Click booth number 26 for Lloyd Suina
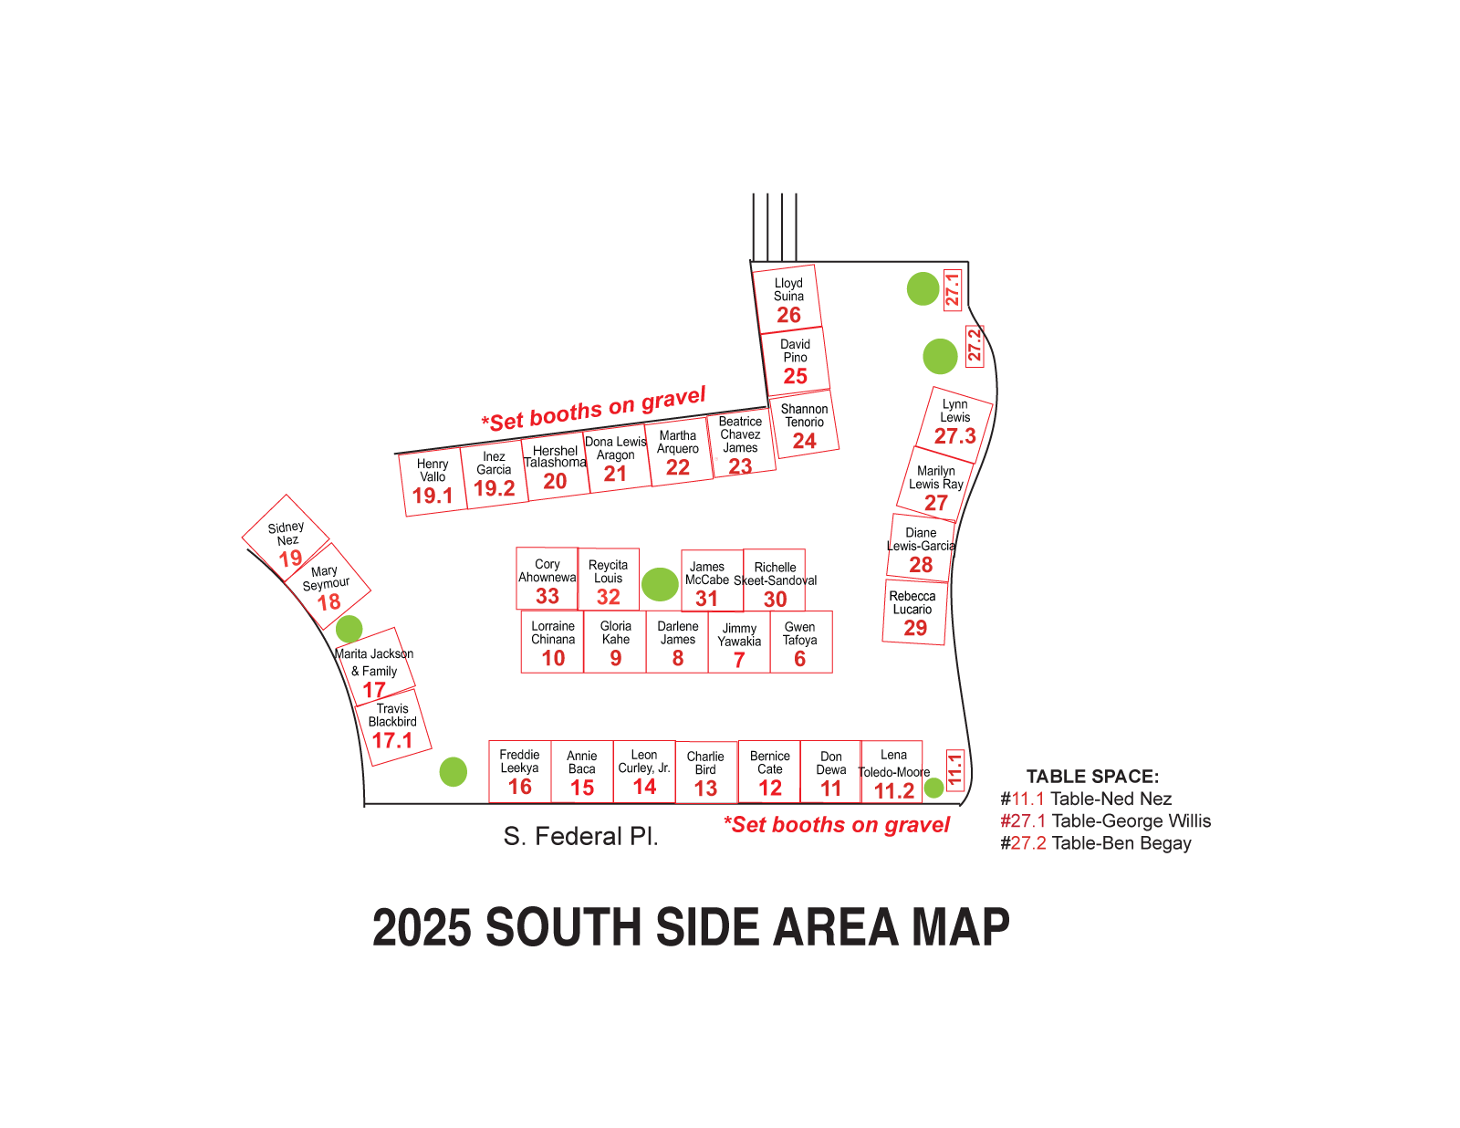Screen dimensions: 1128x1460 click(788, 316)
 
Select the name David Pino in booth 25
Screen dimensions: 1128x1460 click(795, 351)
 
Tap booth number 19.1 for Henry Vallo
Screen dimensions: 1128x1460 click(433, 496)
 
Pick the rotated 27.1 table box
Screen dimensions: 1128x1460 click(952, 289)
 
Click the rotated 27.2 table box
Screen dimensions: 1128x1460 click(975, 346)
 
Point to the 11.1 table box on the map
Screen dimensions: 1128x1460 click(955, 770)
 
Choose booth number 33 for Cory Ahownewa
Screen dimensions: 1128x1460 click(547, 597)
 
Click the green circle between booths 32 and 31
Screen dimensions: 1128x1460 click(660, 584)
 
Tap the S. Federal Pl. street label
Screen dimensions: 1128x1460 click(580, 836)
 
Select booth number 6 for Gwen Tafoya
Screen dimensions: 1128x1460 click(799, 659)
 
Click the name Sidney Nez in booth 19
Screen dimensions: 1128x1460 click(287, 534)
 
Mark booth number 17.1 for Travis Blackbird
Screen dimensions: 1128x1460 click(392, 740)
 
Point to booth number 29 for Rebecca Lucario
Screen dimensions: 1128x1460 click(915, 628)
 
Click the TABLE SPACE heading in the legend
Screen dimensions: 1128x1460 click(1092, 777)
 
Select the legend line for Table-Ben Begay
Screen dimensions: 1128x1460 click(1095, 843)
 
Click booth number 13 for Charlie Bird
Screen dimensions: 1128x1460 click(705, 789)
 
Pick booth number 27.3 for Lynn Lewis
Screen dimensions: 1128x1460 click(954, 436)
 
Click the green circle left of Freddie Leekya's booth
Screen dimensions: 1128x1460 click(454, 772)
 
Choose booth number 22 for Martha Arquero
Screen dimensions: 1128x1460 click(678, 468)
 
